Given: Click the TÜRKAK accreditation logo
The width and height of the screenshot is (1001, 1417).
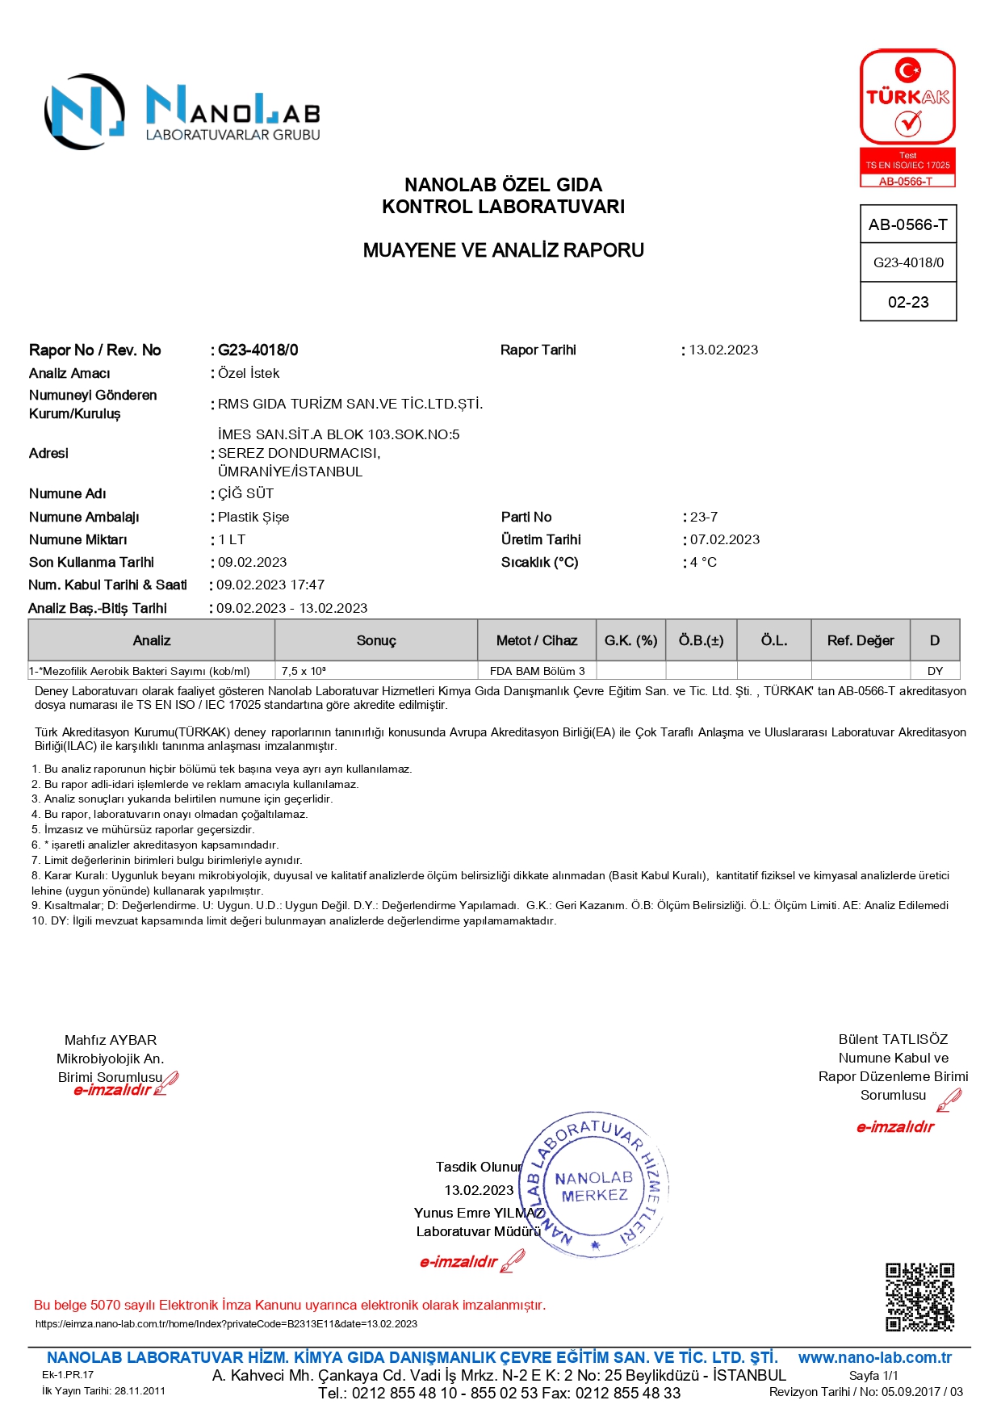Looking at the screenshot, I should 907,118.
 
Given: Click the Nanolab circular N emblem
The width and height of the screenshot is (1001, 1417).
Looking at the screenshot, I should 84,112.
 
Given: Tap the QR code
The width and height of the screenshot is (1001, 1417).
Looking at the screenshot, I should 919,1297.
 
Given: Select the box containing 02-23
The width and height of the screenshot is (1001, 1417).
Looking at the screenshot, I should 908,302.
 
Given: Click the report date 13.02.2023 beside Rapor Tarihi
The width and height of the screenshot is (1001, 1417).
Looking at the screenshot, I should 723,350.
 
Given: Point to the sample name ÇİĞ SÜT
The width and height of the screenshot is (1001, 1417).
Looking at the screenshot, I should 245,493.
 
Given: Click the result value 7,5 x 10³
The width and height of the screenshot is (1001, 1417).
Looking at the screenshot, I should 304,671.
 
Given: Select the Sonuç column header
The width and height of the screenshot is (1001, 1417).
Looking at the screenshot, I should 376,640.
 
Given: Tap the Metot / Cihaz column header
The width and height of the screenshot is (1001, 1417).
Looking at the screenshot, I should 537,640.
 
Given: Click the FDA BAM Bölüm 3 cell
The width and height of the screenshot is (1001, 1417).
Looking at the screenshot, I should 537,671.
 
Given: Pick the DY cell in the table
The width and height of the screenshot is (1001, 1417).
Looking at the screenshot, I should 935,671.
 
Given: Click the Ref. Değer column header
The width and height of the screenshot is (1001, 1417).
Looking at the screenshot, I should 861,640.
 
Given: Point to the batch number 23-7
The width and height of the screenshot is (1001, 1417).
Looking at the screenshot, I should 704,517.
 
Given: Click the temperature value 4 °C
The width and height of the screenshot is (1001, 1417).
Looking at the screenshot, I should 703,562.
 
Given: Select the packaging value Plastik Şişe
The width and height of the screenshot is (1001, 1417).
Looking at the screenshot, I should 253,517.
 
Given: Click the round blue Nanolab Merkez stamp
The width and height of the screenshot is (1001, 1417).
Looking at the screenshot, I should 595,1185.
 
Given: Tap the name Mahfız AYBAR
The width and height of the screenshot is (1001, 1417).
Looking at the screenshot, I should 111,1040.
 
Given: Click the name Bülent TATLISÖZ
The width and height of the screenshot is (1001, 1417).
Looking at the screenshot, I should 893,1039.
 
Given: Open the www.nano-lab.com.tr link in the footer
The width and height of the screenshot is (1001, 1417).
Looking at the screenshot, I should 874,1357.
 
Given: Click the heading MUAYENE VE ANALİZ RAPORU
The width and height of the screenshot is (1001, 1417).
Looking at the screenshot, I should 503,250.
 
